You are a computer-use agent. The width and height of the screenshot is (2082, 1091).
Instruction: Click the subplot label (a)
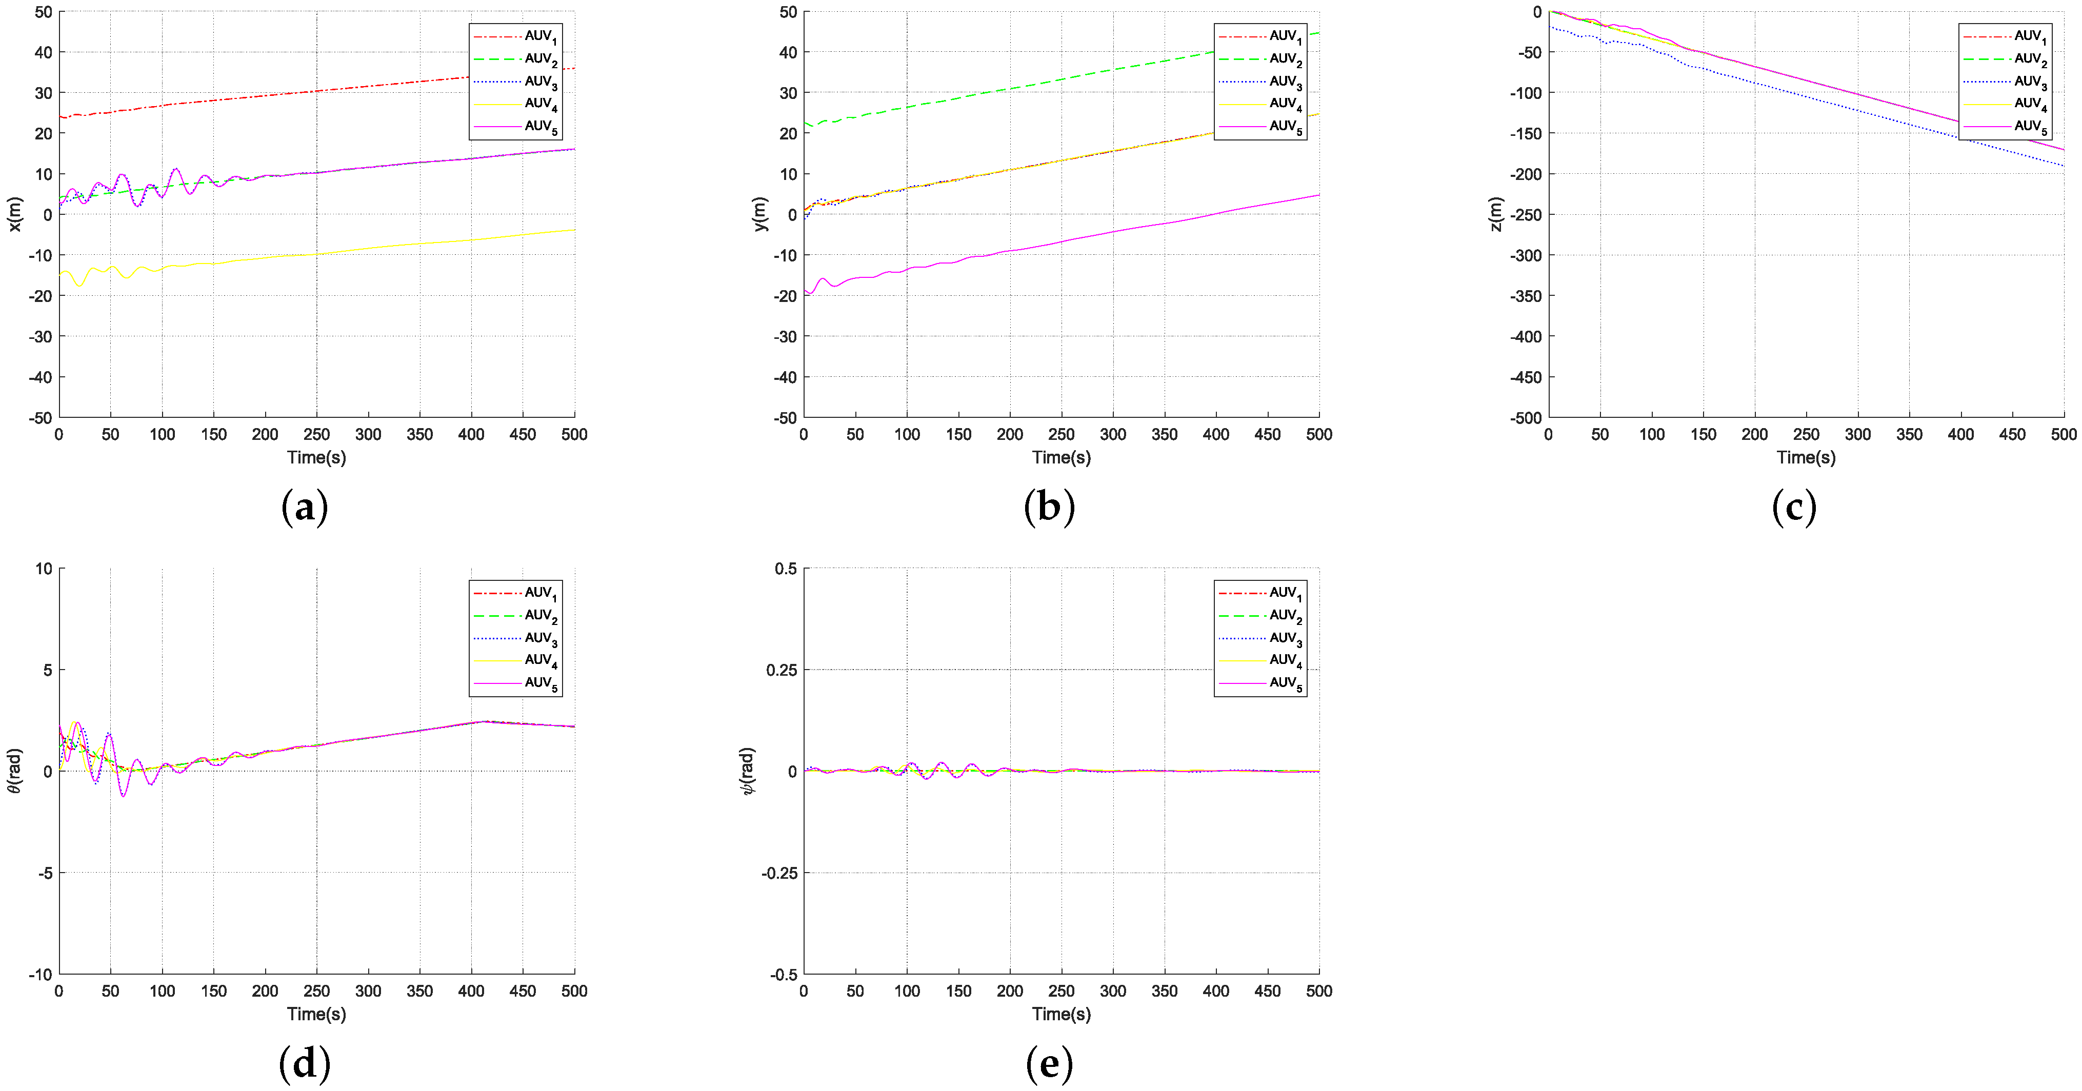(304, 508)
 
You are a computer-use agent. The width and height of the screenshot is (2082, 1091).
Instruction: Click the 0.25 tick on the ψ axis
(780, 670)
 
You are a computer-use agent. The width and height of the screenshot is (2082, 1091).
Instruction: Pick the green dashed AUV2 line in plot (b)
(1051, 82)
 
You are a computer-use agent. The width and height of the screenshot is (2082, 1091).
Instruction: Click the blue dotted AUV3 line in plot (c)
(1859, 110)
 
